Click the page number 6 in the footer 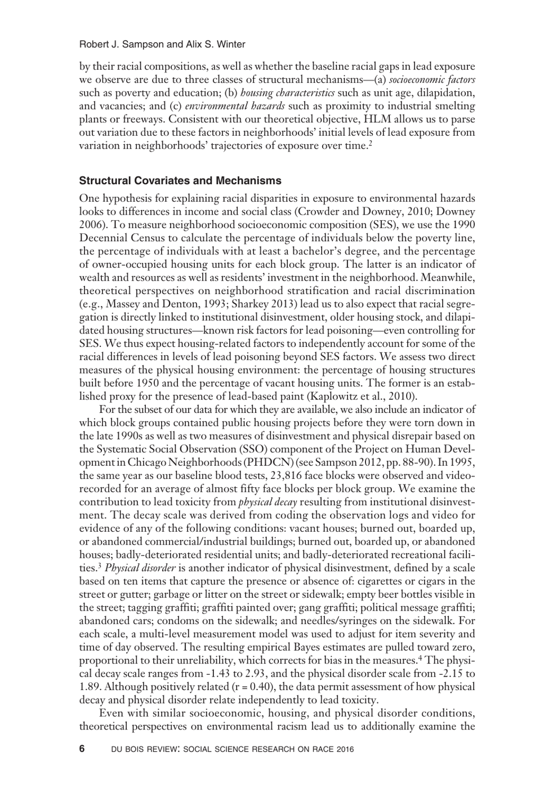tap(82, 749)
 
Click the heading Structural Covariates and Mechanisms tap(180, 181)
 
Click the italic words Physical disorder tap(140, 568)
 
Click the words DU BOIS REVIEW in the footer tap(141, 750)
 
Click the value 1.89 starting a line tap(90, 687)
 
